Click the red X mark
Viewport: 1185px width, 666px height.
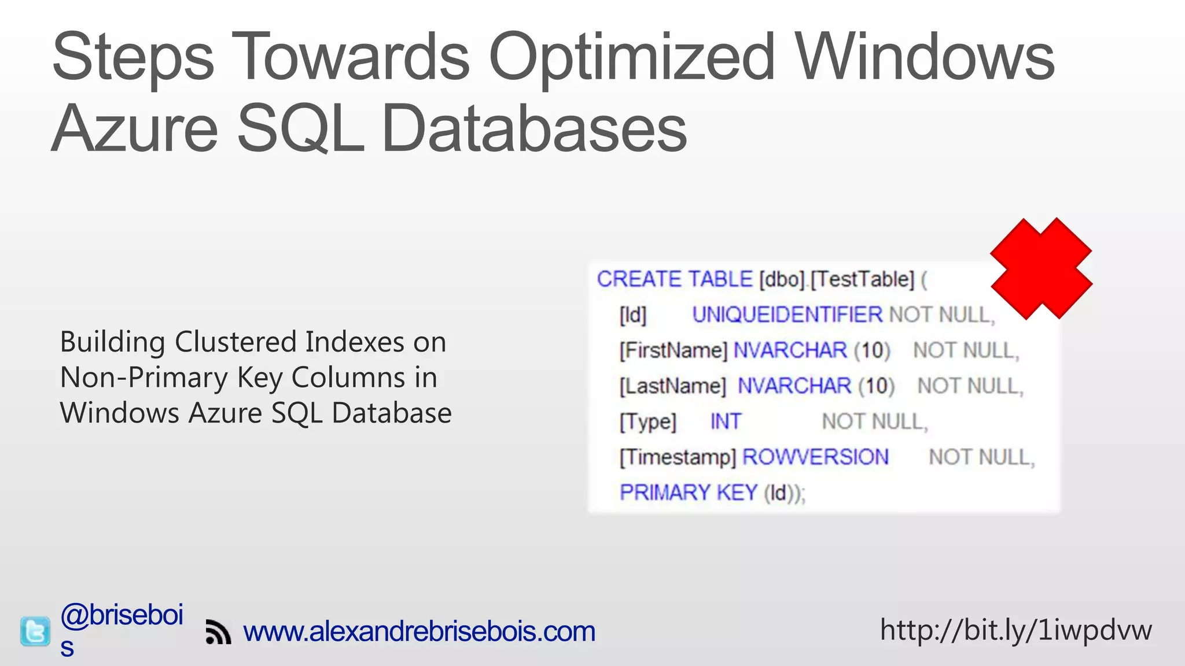[x=1041, y=268]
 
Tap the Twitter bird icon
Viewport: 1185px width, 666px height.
[x=35, y=631]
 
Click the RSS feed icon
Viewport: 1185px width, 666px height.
[x=218, y=632]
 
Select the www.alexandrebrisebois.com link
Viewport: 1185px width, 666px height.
[x=419, y=631]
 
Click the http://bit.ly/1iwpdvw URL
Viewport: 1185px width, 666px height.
[x=1015, y=630]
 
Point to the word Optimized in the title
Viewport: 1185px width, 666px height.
[x=632, y=58]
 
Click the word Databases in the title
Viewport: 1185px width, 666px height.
[x=534, y=128]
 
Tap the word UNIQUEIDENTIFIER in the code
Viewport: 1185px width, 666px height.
[x=787, y=315]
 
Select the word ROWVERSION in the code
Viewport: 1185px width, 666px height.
[x=815, y=457]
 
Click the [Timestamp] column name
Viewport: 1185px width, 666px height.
[x=678, y=457]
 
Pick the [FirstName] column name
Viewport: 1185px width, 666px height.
[x=673, y=351]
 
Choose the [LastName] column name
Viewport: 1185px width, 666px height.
[x=672, y=386]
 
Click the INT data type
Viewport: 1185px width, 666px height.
[x=726, y=421]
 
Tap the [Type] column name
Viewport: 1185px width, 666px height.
[x=647, y=422]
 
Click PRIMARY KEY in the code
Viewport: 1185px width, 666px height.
[x=689, y=493]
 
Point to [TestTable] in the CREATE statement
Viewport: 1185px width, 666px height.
[x=862, y=280]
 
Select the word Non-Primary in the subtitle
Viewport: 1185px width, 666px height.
[x=144, y=378]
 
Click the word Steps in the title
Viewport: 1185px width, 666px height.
[x=133, y=58]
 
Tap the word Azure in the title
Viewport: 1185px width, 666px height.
[x=135, y=128]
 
